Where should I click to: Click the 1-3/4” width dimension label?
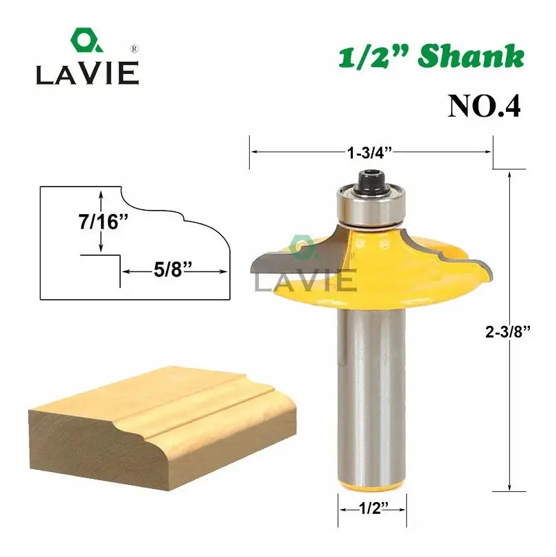point(369,153)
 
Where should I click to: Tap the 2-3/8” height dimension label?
point(508,332)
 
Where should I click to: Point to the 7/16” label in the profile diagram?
point(103,222)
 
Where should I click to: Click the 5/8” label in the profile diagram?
point(173,270)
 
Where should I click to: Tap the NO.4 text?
point(484,106)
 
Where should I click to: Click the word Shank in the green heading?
point(472,56)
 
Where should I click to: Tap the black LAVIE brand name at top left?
point(87,73)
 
